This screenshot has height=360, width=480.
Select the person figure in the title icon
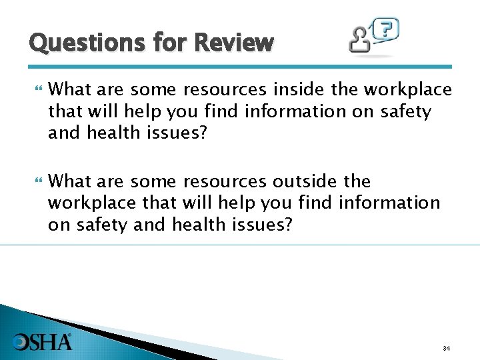pyautogui.click(x=361, y=41)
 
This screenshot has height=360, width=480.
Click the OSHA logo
pyautogui.click(x=43, y=341)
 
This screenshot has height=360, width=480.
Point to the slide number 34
pyautogui.click(x=446, y=349)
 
